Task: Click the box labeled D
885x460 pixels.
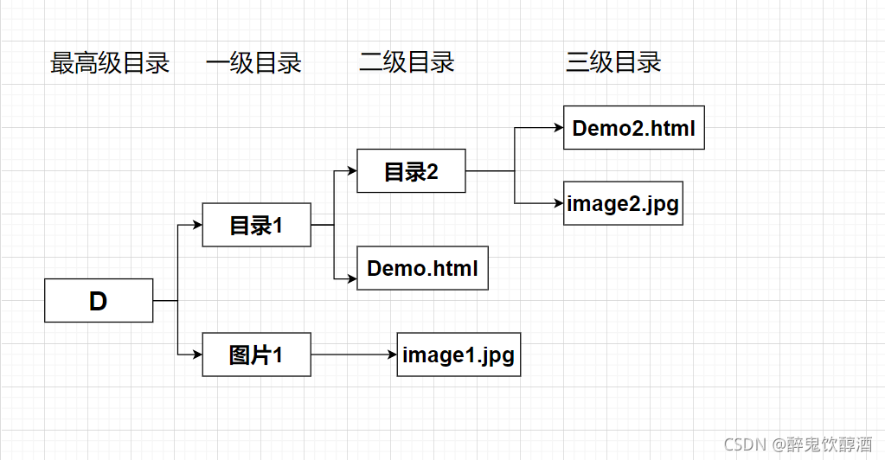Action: [99, 301]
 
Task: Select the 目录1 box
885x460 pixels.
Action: [256, 225]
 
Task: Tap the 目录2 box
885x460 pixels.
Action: [411, 171]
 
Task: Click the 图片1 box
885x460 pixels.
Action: [256, 355]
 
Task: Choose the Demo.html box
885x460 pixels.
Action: [422, 268]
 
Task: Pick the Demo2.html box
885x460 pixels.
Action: [633, 128]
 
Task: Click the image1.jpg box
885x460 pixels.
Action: [459, 355]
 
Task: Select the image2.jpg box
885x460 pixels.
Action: [623, 203]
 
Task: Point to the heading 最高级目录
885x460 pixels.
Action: [110, 62]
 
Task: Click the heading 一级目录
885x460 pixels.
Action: [253, 62]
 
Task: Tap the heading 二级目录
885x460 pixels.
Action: [407, 62]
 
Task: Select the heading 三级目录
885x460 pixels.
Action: [613, 62]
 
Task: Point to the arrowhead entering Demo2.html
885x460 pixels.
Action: [558, 128]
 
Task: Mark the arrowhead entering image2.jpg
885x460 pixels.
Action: [558, 203]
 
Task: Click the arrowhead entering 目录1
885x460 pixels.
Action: [197, 225]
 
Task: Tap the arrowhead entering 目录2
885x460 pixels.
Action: [352, 171]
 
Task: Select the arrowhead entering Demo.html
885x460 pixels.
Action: [352, 278]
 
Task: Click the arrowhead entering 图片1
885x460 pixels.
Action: [197, 355]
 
